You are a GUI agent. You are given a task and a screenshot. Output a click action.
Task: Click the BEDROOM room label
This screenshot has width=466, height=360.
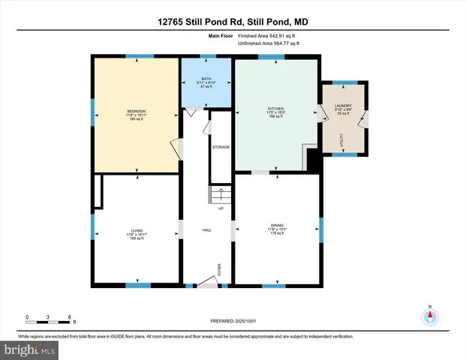coord(136,112)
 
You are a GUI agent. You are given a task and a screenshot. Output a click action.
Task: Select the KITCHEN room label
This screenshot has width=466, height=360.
coord(276,108)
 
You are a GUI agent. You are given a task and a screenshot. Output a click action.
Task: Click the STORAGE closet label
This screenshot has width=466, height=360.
coord(220,147)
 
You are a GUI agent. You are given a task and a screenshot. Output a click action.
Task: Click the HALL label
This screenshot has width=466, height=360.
coord(206,230)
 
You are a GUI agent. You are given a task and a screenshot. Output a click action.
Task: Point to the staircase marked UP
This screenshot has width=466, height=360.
coord(219,196)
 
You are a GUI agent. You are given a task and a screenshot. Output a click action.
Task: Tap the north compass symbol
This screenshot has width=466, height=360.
coord(430,316)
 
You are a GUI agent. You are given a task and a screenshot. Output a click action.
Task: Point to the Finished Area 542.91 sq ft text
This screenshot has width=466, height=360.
coord(268,36)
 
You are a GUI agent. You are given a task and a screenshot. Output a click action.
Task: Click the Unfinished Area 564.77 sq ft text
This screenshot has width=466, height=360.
coord(268,43)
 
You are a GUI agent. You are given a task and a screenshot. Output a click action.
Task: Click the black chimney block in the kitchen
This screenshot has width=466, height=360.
coord(313,160)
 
